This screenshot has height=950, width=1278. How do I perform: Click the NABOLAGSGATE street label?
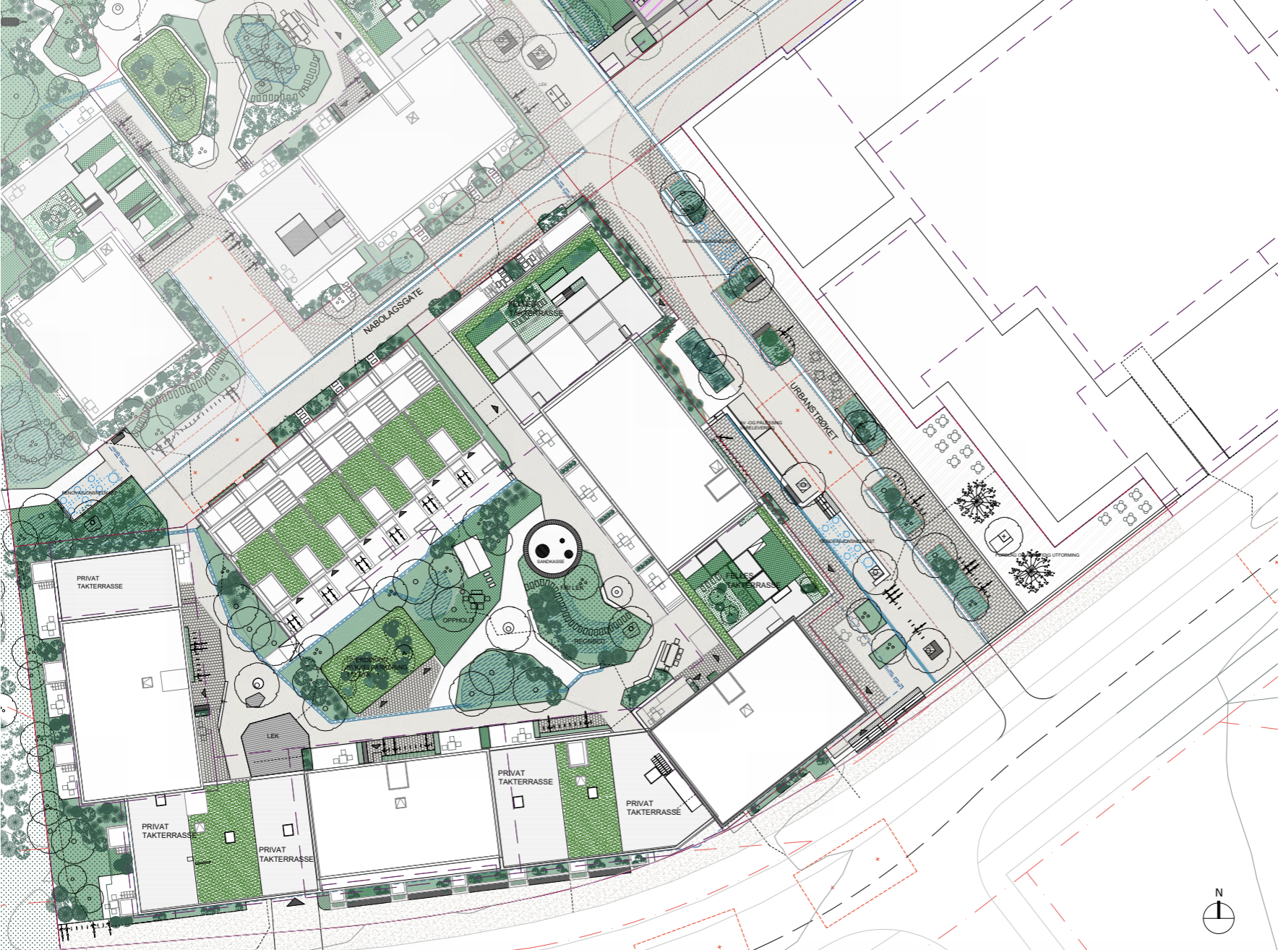[393, 312]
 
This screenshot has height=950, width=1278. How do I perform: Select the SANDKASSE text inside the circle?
[550, 561]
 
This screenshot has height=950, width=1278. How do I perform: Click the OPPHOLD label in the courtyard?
[458, 620]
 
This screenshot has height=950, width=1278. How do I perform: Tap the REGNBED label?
[589, 641]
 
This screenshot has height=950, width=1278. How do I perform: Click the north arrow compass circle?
[1218, 918]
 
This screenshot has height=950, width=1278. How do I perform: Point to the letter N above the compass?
[1219, 893]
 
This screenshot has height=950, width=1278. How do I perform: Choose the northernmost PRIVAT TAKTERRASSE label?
[100, 582]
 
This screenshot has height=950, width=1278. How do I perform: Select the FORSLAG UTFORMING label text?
[1037, 555]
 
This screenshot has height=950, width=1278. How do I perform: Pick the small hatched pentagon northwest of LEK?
[254, 699]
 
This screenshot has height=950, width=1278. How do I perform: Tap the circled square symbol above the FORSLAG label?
[1003, 537]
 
